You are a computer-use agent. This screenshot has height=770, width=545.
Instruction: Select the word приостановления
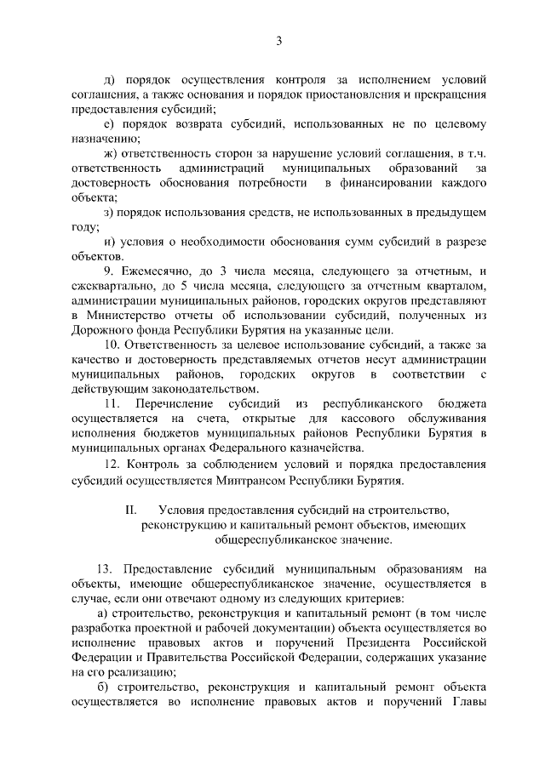coord(327,94)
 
